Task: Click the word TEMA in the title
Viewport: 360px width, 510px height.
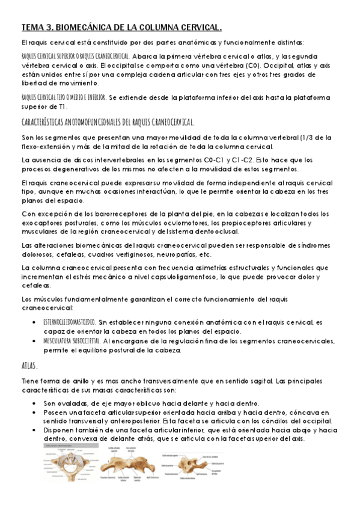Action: [31, 27]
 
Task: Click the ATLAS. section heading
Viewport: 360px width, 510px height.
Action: [29, 366]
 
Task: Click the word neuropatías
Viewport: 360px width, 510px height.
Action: [252, 254]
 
